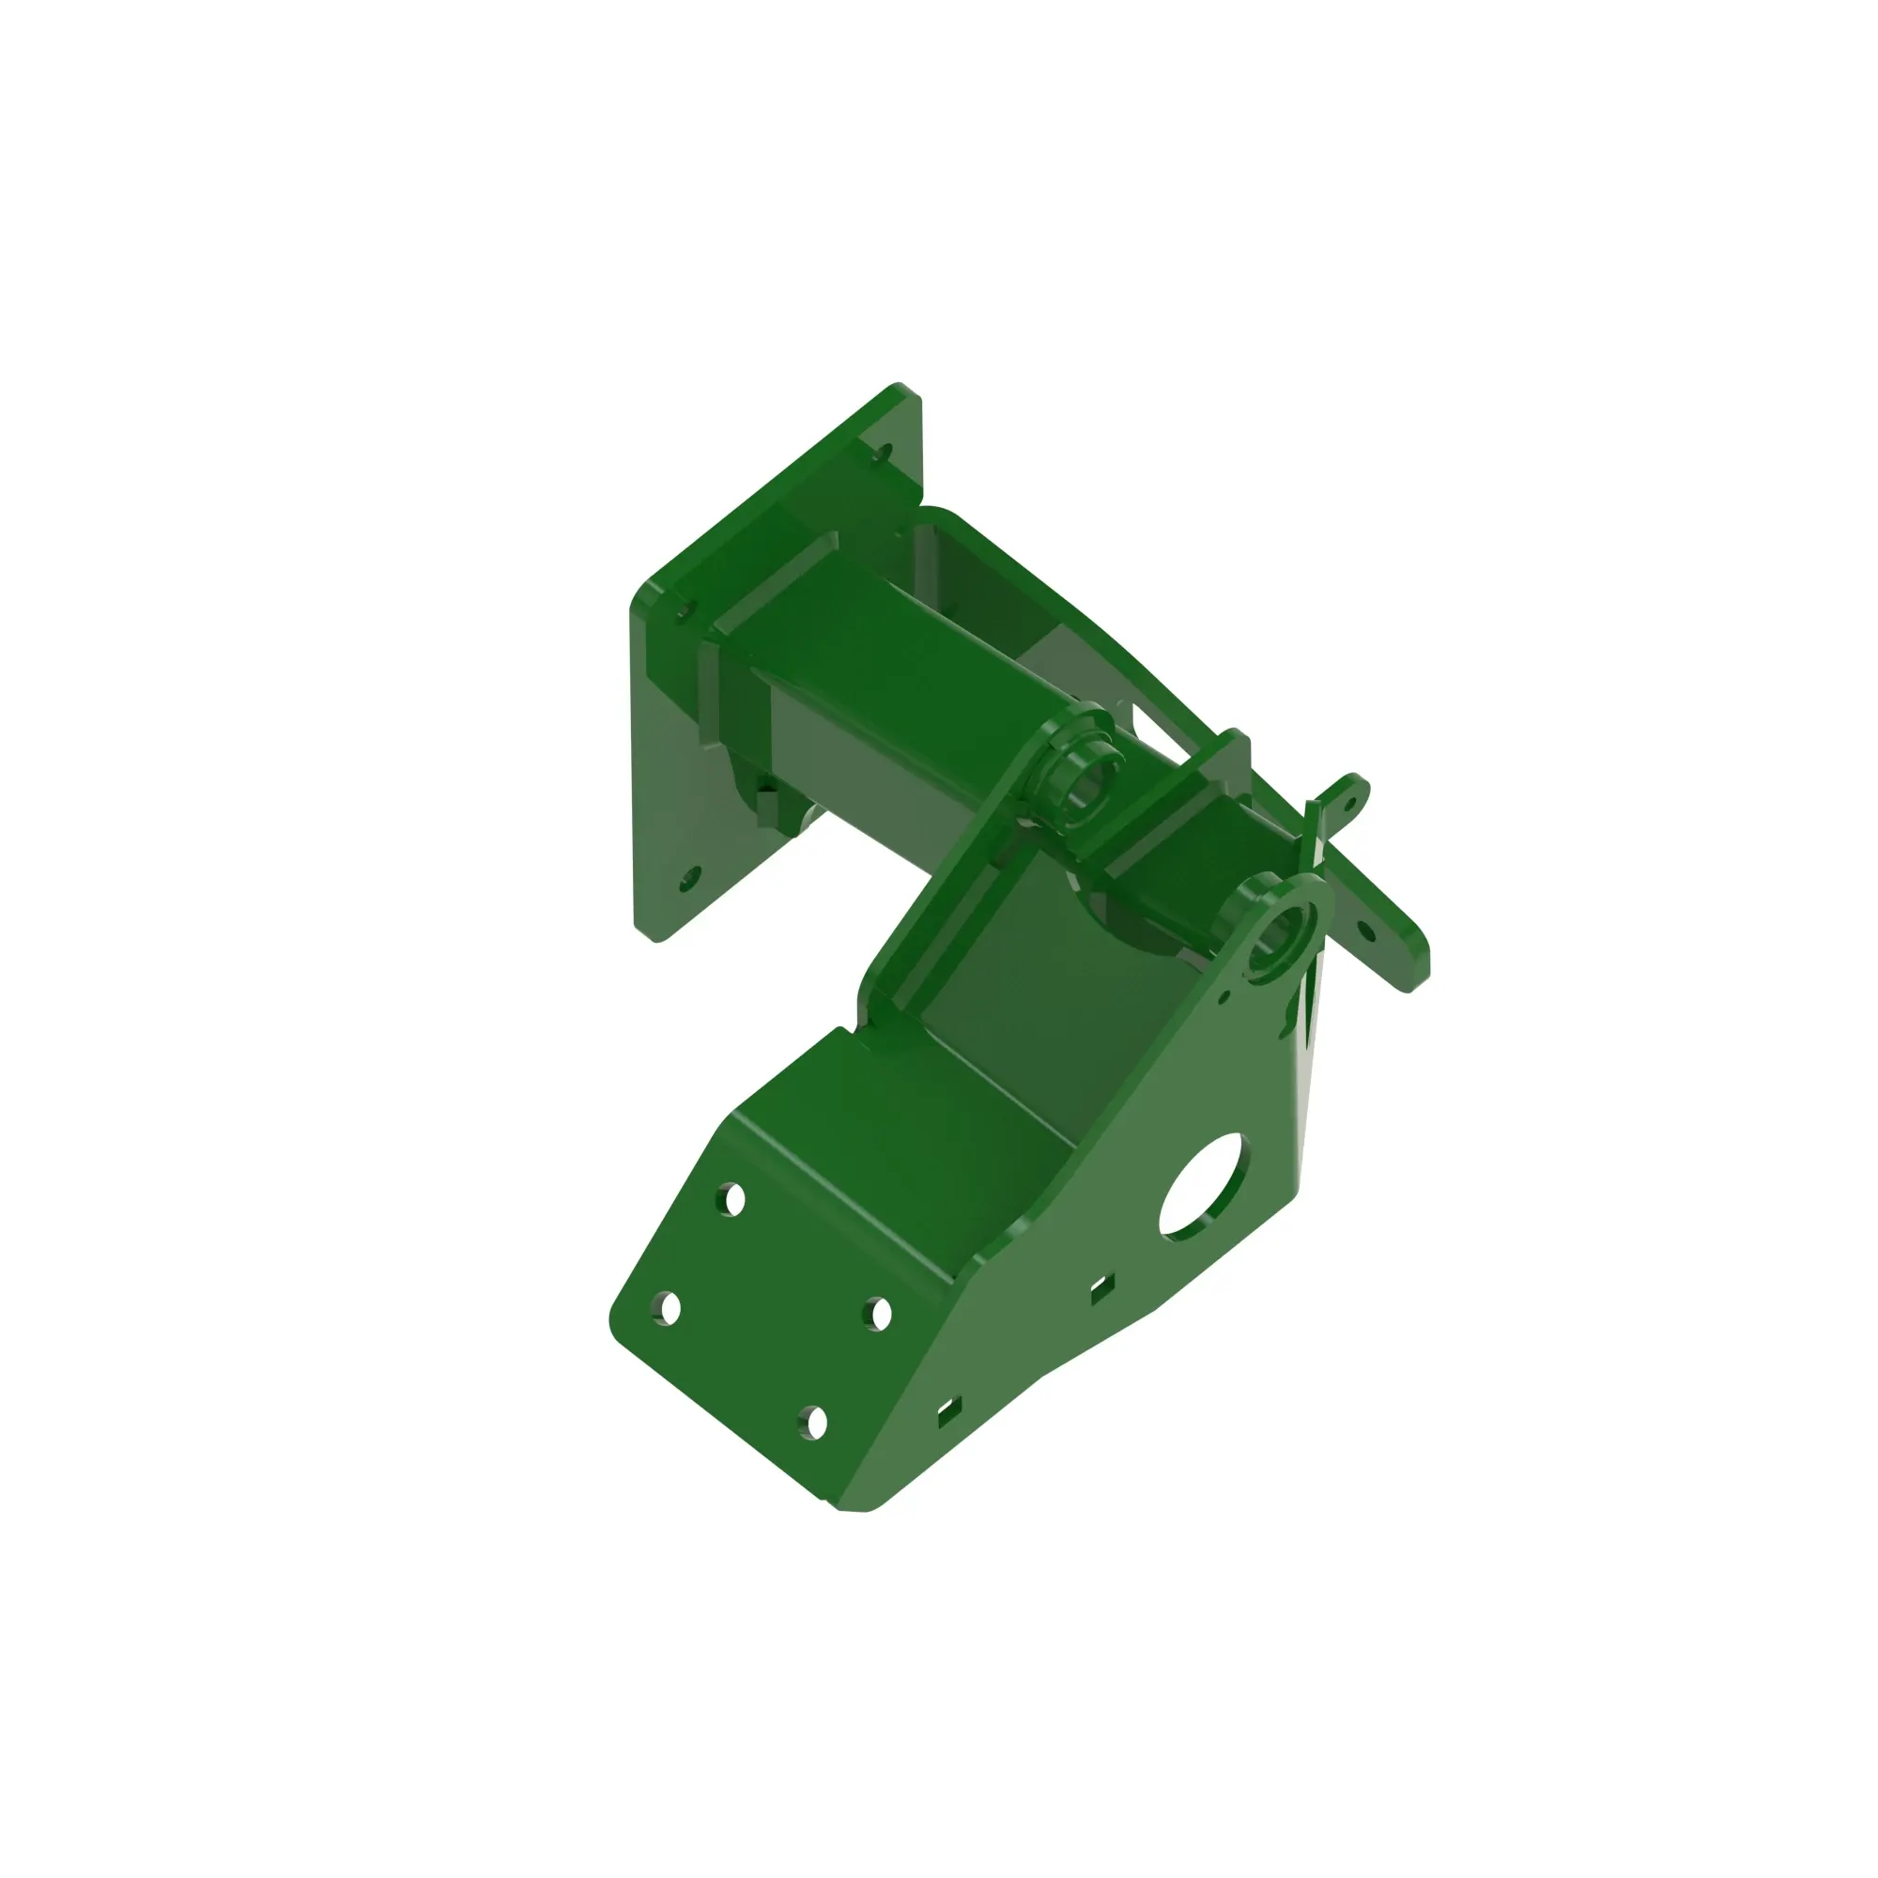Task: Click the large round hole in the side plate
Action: point(1203,1187)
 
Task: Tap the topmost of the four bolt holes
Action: point(734,1200)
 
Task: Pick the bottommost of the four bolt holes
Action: point(814,1424)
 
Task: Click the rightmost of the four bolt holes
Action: point(880,1315)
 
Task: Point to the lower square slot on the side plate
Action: point(948,1412)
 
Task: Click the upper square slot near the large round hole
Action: point(1101,1289)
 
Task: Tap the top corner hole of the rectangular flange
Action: point(884,453)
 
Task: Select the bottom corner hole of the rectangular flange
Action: point(689,880)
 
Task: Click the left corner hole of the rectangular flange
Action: point(684,611)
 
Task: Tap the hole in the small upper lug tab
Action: point(1349,801)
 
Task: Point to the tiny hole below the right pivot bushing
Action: point(1224,996)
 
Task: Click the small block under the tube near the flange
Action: point(768,801)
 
